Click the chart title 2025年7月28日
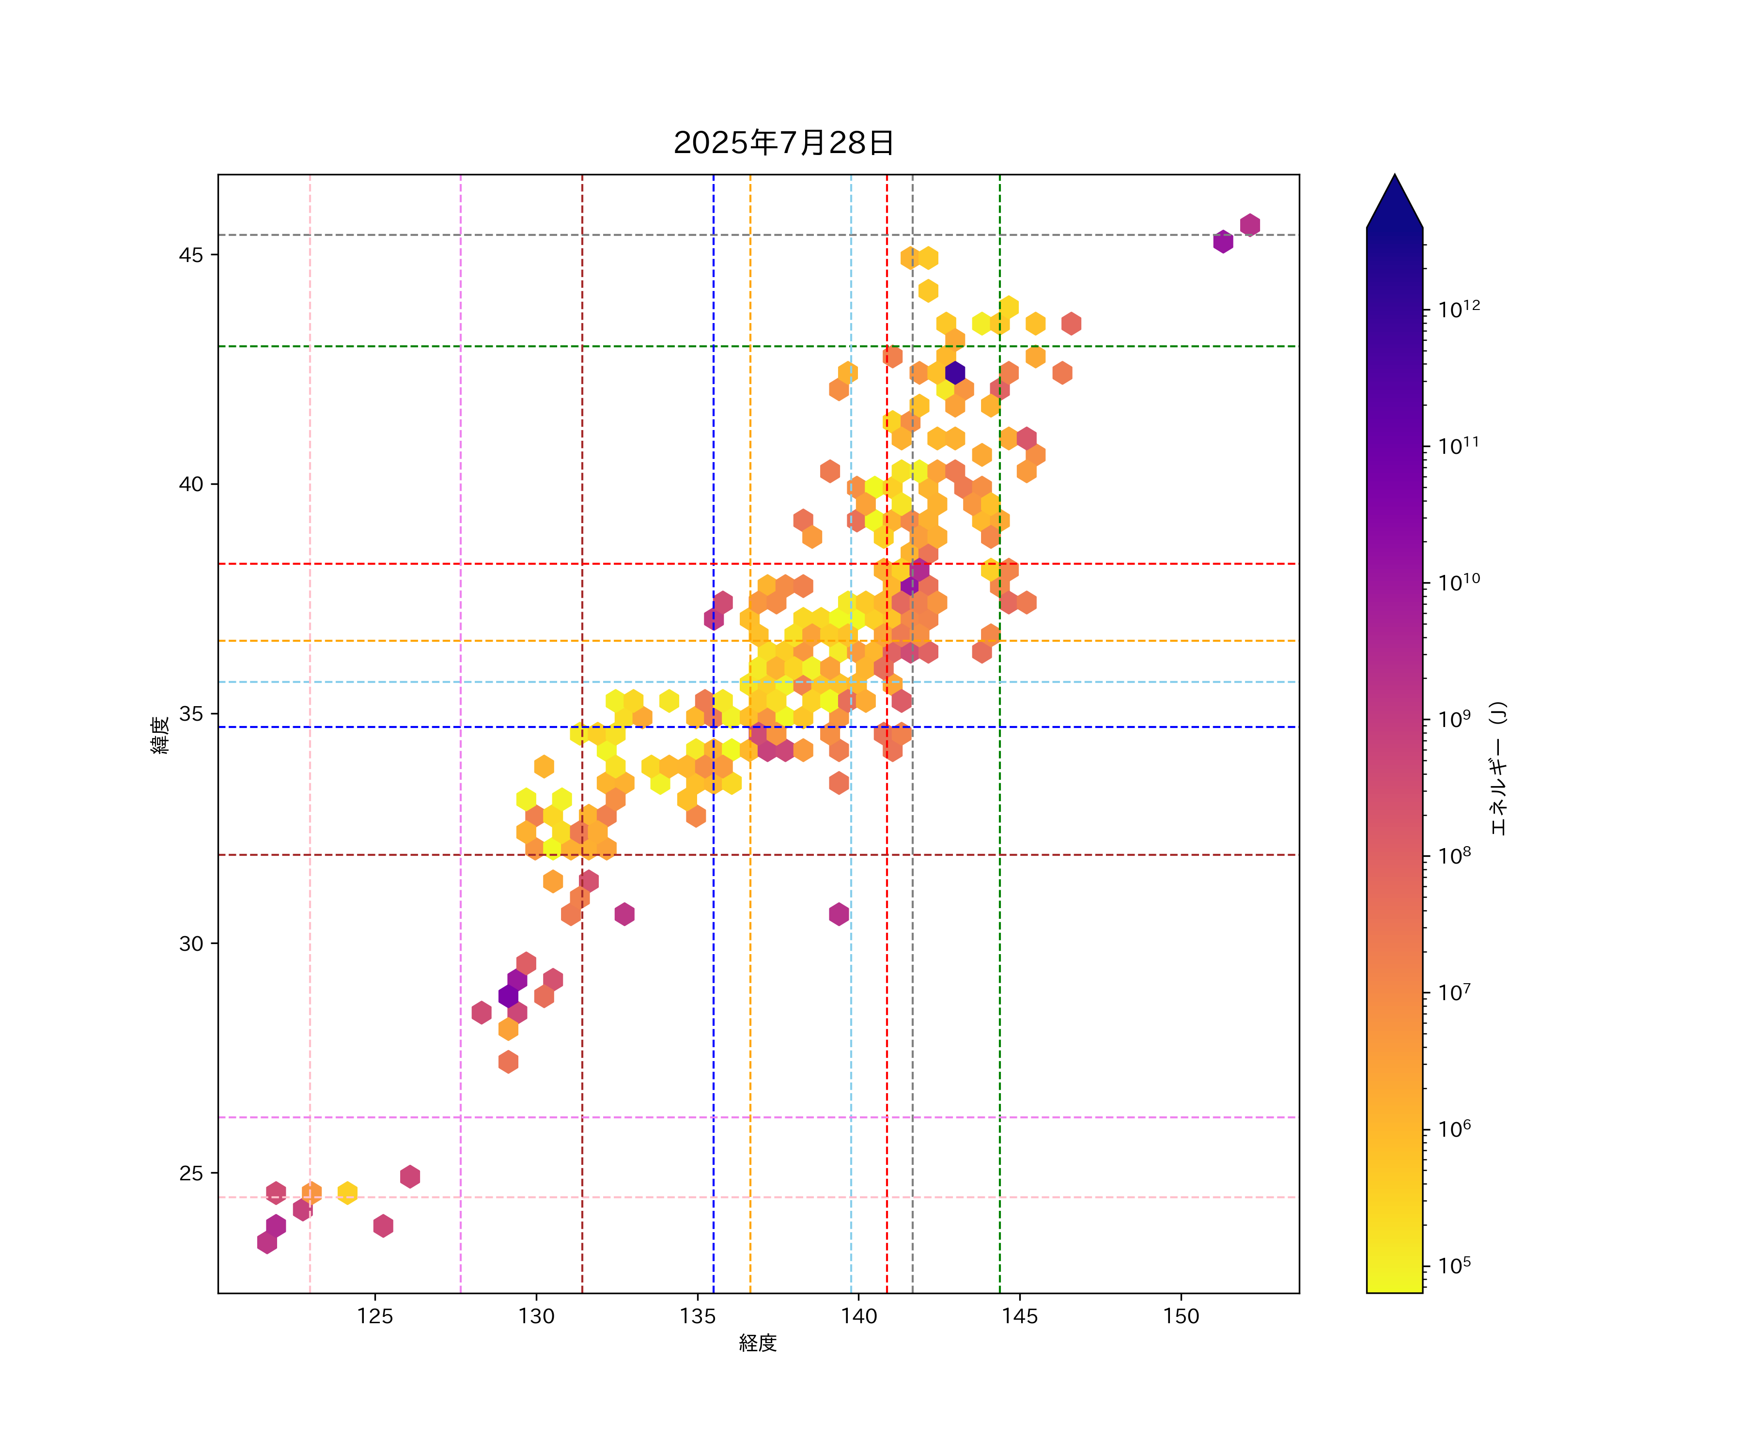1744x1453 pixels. [783, 143]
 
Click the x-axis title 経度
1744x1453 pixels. [757, 1343]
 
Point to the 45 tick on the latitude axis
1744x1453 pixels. [190, 255]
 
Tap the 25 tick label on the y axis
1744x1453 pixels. [190, 1173]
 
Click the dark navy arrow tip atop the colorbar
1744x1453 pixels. [1394, 199]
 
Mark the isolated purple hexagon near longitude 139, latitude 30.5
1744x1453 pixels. [839, 914]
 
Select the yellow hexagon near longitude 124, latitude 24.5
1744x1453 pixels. [347, 1192]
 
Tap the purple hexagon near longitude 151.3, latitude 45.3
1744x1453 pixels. [1222, 242]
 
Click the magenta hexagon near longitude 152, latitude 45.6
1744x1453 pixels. [1250, 225]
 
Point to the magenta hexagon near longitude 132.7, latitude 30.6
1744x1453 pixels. [624, 914]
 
